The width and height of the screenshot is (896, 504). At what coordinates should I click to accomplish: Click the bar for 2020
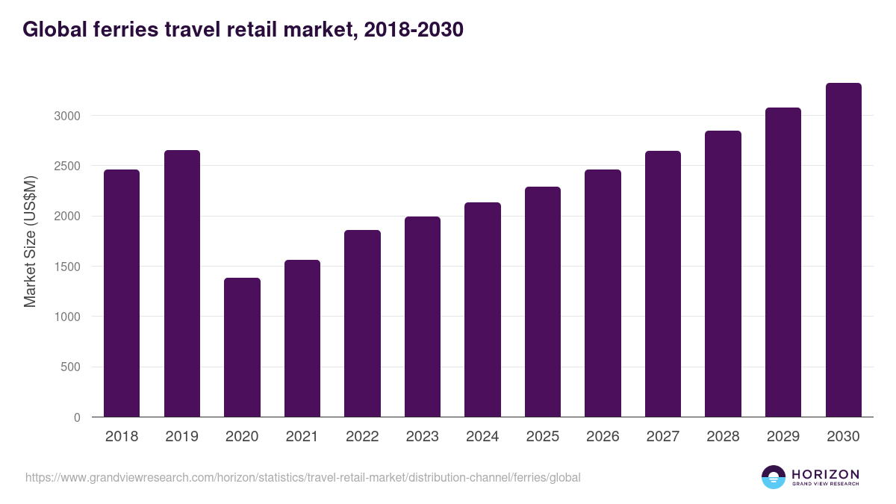click(242, 347)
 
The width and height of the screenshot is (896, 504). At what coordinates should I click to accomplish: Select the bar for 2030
click(843, 250)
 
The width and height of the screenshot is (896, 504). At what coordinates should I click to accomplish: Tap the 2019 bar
click(182, 284)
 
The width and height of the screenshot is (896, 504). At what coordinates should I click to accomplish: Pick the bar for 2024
click(482, 310)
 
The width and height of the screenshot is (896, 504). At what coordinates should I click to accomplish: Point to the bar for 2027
click(663, 284)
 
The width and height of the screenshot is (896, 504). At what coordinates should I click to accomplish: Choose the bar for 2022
click(362, 323)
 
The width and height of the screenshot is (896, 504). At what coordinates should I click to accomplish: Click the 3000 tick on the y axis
click(66, 116)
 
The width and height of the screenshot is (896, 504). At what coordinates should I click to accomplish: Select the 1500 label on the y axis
click(66, 267)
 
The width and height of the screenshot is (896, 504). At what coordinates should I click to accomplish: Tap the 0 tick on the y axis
click(77, 417)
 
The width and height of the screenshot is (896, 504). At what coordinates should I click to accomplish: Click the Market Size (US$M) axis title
click(30, 241)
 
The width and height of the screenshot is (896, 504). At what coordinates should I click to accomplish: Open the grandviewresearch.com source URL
click(302, 477)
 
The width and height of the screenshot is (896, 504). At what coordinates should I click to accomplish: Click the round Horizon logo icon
click(774, 477)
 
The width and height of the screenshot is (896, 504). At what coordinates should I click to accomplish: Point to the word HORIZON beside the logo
click(825, 474)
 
